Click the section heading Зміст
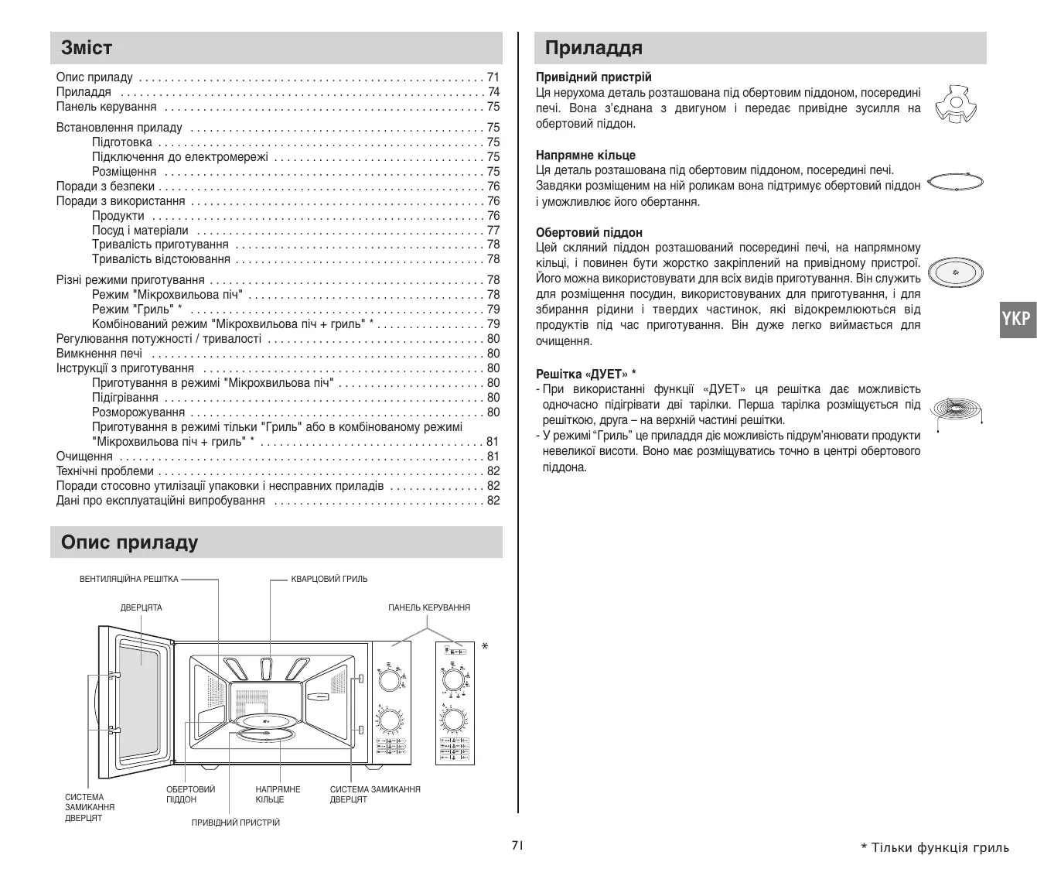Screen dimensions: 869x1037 (x=87, y=48)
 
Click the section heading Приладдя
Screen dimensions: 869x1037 (x=593, y=48)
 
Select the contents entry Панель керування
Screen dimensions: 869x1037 (x=106, y=107)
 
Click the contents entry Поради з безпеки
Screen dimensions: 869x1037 (x=105, y=186)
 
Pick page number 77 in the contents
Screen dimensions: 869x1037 (x=493, y=231)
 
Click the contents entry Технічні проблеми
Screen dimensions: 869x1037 (x=104, y=471)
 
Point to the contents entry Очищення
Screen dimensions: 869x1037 (x=84, y=457)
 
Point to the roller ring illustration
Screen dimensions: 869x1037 (x=955, y=183)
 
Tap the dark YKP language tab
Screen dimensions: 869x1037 (x=1017, y=318)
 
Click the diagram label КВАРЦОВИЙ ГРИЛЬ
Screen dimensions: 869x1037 (x=329, y=579)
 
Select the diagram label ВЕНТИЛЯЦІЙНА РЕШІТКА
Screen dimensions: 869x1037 (x=128, y=579)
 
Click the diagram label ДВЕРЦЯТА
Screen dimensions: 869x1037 (x=141, y=607)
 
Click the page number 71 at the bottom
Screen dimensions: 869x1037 (x=517, y=845)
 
